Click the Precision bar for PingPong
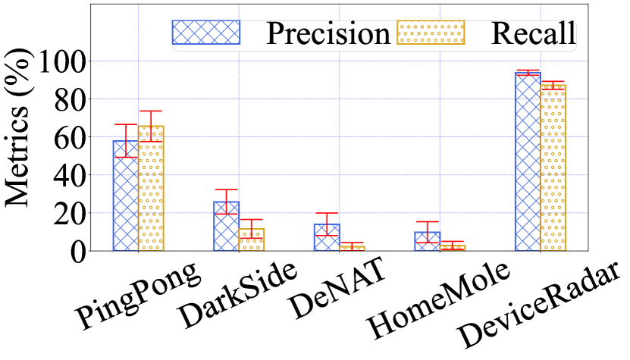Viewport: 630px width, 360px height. pyautogui.click(x=126, y=196)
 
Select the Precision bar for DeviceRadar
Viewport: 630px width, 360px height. pyautogui.click(x=527, y=161)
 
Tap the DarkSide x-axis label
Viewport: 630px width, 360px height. pyautogui.click(x=238, y=298)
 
